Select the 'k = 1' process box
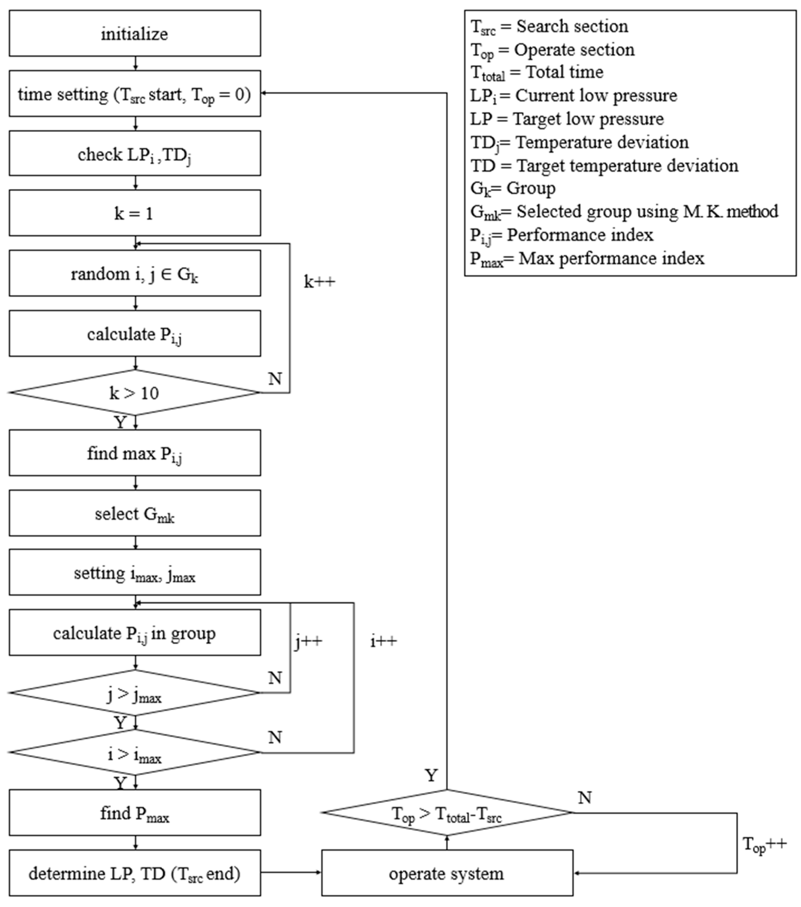click(135, 213)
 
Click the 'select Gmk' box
click(135, 513)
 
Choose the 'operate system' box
click(447, 873)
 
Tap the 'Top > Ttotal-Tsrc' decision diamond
click(447, 813)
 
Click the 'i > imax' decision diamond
click(135, 753)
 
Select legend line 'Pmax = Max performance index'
click(587, 259)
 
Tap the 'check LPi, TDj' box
click(135, 154)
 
